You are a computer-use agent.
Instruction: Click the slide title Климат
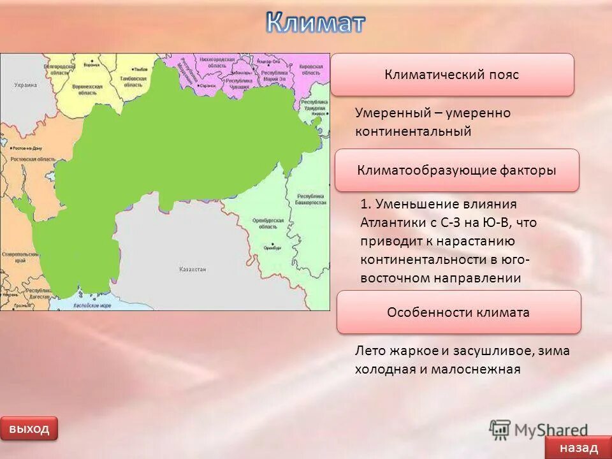316,22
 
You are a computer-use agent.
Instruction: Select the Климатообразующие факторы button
456,170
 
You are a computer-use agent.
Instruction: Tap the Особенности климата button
458,312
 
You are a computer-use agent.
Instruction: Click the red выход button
29,428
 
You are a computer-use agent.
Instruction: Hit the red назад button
579,448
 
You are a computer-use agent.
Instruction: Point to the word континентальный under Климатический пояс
413,131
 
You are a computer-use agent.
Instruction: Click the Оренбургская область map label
268,223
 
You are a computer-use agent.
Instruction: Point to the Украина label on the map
25,85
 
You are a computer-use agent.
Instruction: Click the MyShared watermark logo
539,430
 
